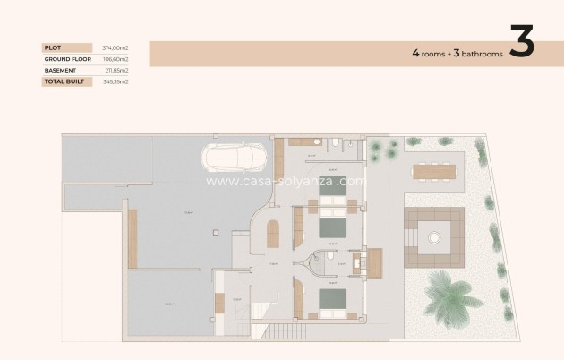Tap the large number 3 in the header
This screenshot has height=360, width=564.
[522, 43]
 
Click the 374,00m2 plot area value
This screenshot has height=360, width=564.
[115, 47]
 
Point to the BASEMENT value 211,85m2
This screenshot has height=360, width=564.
[115, 70]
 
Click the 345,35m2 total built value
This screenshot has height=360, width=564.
[115, 81]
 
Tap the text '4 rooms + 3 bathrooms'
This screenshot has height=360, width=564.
[457, 54]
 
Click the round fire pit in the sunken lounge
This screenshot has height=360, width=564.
[434, 237]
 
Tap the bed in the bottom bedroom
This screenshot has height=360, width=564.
[331, 302]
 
